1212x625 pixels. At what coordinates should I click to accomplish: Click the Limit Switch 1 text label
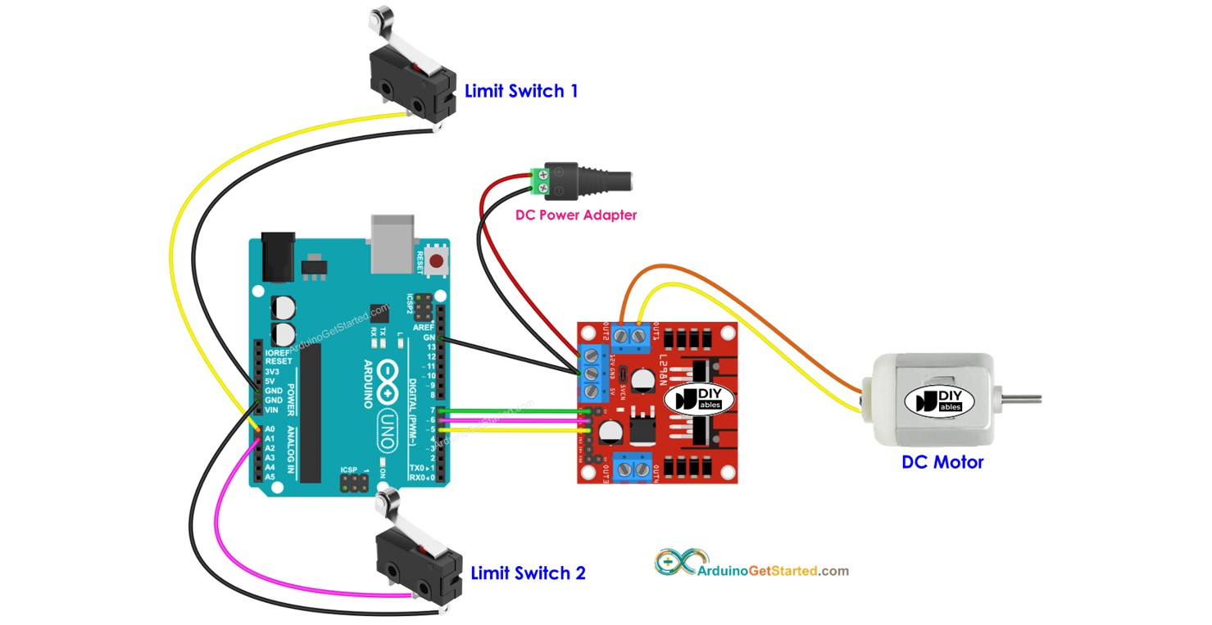tap(520, 91)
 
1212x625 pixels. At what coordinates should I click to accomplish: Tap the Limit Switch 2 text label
tap(528, 573)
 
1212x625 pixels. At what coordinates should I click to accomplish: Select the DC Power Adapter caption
tap(575, 215)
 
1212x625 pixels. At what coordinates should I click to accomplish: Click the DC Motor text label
tap(942, 462)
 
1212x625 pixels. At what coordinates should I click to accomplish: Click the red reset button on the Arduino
tap(438, 261)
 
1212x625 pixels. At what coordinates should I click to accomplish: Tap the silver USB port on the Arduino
tap(393, 243)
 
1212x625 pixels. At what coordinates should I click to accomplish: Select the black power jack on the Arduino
tap(277, 256)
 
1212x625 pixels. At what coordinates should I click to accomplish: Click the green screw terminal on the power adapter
tap(538, 182)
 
